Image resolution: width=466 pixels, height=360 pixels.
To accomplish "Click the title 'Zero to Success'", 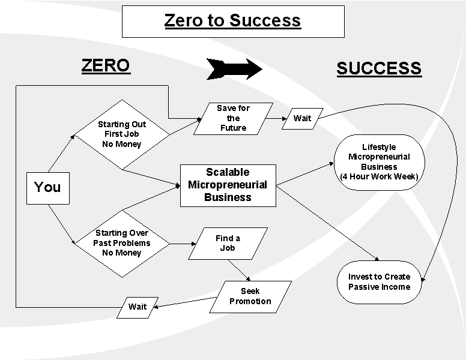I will (232, 20).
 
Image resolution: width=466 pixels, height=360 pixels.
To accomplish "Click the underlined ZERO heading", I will (106, 65).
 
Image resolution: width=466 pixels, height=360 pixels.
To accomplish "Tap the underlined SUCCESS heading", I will (378, 68).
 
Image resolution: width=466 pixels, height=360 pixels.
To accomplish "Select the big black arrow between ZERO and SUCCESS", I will (234, 69).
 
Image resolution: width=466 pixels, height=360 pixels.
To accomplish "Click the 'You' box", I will (47, 187).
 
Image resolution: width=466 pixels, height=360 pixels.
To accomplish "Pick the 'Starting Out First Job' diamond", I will (122, 134).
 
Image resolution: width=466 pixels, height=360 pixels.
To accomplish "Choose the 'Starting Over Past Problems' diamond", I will (122, 243).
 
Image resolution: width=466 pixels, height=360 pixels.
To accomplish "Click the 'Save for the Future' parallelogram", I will (233, 118).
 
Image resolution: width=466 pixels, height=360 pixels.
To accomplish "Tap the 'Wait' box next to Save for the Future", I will (302, 118).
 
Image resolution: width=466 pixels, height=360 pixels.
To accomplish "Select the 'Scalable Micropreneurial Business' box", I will (228, 185).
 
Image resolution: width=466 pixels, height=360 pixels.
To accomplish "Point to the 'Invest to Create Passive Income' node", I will (379, 281).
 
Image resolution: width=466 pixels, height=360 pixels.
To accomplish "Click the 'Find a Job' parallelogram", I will (228, 243).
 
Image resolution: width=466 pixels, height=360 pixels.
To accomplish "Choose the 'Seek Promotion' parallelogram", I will (250, 296).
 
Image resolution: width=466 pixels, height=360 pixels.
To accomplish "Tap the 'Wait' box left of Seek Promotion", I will (138, 307).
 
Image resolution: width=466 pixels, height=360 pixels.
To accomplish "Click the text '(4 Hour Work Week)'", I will (379, 176).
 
